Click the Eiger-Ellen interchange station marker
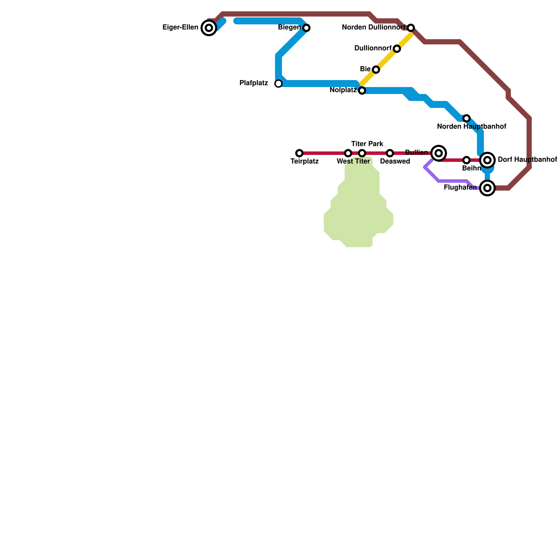(x=209, y=28)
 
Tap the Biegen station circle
(x=306, y=28)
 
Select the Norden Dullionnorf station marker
(x=411, y=28)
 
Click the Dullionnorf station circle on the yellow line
(x=397, y=49)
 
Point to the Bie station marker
(x=376, y=70)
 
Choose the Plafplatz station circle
(x=278, y=84)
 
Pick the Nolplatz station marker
(x=362, y=91)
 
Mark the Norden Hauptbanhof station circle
(x=466, y=118)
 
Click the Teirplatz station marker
(x=299, y=153)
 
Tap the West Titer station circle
(x=348, y=153)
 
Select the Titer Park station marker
(x=362, y=153)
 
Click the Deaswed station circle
(x=390, y=153)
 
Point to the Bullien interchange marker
(x=439, y=153)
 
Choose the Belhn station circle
(x=466, y=160)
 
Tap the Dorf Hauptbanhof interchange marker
(x=487, y=160)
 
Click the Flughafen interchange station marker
(x=487, y=188)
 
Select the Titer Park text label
(x=367, y=144)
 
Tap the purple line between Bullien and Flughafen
(x=453, y=181)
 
